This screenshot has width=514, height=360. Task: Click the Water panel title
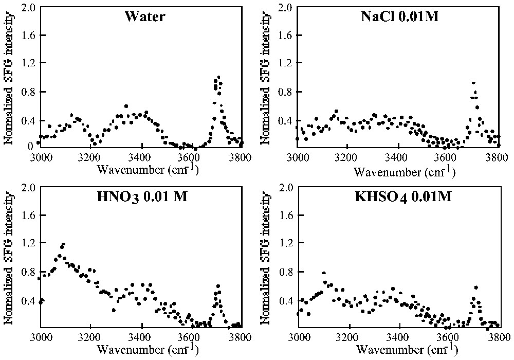pyautogui.click(x=144, y=16)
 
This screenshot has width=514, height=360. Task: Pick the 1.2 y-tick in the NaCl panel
pyautogui.click(x=285, y=64)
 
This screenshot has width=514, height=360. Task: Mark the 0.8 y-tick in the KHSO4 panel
pyautogui.click(x=285, y=272)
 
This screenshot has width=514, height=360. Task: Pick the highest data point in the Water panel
pyautogui.click(x=218, y=78)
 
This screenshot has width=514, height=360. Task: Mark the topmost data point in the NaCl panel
pyautogui.click(x=473, y=83)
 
